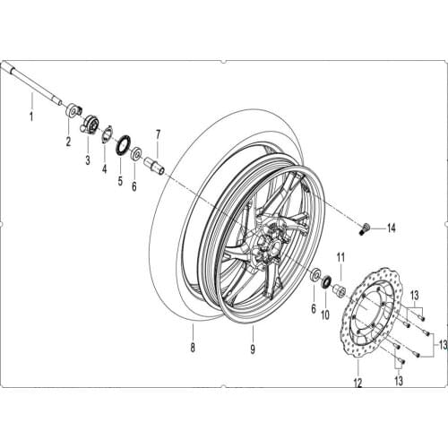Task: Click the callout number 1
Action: tap(30, 117)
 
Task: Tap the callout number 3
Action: tap(88, 160)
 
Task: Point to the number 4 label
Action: tap(104, 169)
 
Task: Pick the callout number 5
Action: tap(121, 179)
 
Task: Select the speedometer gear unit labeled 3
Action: tap(90, 125)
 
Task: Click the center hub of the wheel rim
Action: tap(266, 242)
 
